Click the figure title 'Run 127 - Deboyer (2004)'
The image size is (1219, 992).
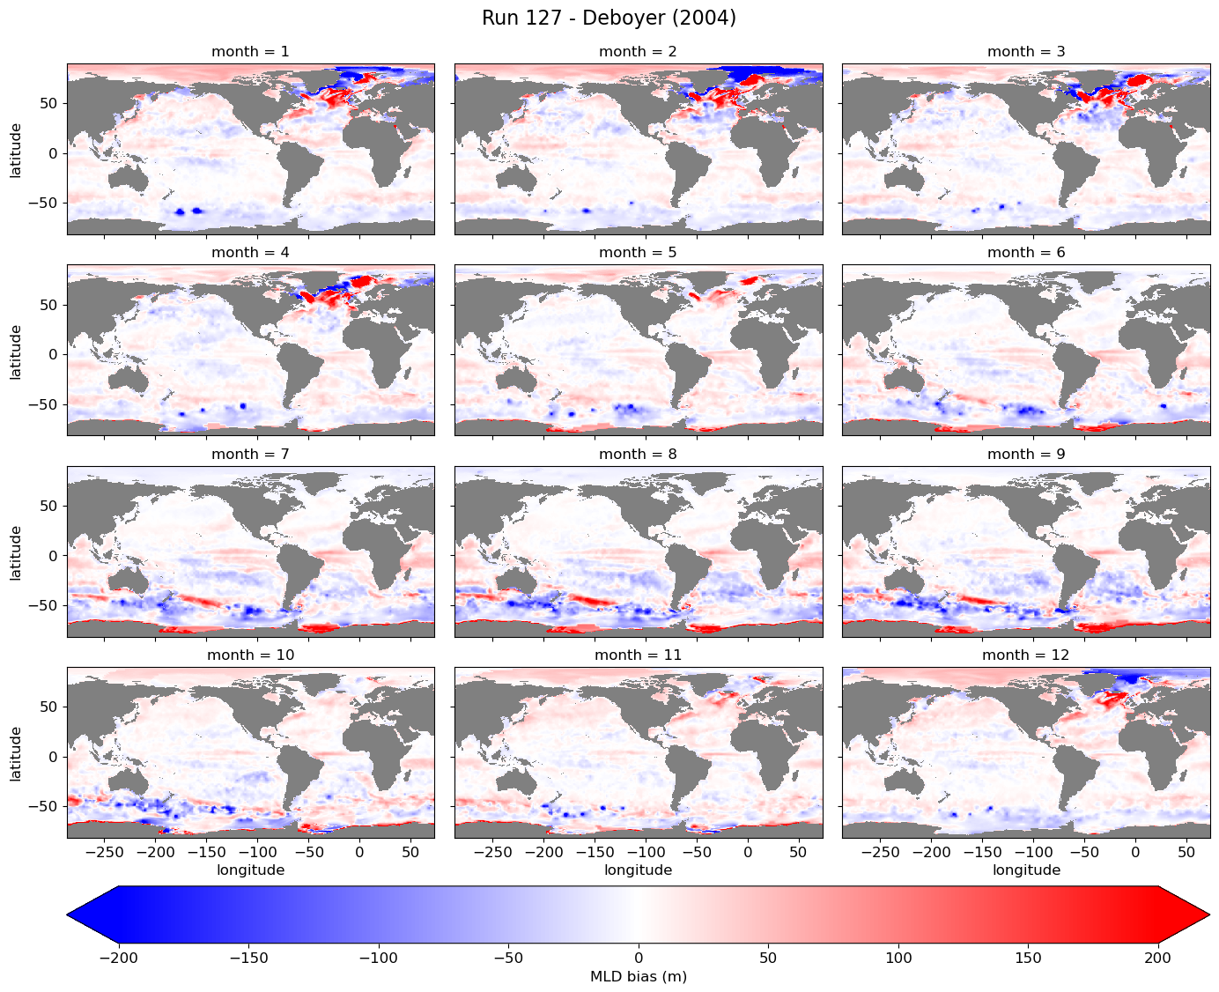609,18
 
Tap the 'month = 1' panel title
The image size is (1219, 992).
250,51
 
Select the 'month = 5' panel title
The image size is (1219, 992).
638,253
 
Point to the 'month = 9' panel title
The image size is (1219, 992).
1025,454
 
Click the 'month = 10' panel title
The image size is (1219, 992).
250,655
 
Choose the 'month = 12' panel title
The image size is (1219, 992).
1025,655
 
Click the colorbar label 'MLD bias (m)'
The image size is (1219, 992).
638,976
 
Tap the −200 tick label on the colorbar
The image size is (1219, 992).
119,958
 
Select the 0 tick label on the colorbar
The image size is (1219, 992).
639,958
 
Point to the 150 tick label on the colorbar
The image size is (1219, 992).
1028,958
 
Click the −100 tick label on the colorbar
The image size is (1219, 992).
378,958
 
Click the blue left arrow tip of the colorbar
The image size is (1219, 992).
68,914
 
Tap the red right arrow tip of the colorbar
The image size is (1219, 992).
1209,914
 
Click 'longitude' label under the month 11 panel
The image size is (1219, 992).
638,870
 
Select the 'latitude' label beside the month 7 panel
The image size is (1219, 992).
16,553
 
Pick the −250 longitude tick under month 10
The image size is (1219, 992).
104,852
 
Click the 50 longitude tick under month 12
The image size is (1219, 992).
1186,852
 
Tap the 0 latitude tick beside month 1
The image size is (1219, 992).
53,153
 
